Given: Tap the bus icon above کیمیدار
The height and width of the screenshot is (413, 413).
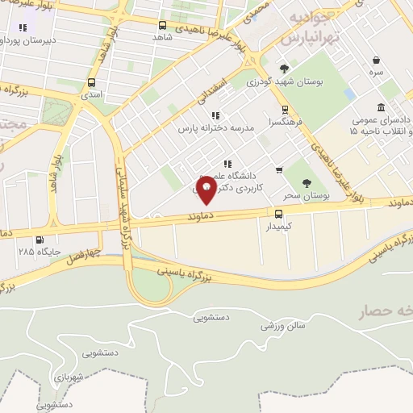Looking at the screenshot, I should [278, 214].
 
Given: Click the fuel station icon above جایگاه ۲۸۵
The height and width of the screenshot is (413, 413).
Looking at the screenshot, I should [40, 240].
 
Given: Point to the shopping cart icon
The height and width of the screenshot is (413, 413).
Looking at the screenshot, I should [279, 169].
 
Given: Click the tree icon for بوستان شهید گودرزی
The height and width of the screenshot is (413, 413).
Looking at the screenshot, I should [283, 69].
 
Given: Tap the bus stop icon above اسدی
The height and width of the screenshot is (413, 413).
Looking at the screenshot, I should [90, 82].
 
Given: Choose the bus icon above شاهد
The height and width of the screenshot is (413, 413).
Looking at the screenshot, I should [163, 25].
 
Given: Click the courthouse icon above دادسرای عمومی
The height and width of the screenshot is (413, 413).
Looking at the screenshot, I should [381, 107].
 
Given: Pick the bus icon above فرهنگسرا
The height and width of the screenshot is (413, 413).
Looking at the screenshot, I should [284, 111].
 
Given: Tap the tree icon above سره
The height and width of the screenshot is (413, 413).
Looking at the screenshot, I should [377, 60].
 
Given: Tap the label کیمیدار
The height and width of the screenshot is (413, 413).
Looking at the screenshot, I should [280, 227].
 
